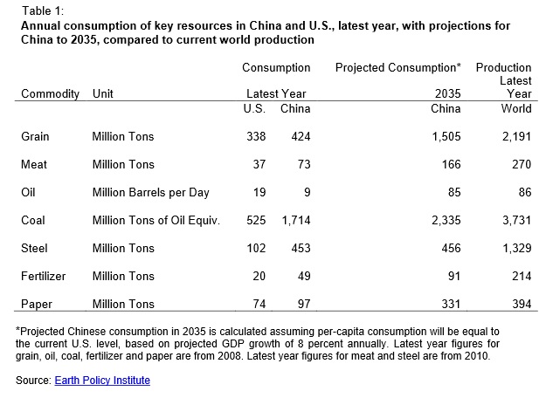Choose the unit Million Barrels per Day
(x=150, y=192)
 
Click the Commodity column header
(x=50, y=93)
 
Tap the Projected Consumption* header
(x=397, y=67)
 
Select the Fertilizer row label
(x=43, y=276)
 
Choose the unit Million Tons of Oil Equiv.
(x=156, y=220)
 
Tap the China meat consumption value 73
(x=301, y=164)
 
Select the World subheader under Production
(x=515, y=108)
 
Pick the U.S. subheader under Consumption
(x=254, y=108)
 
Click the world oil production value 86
(x=522, y=192)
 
